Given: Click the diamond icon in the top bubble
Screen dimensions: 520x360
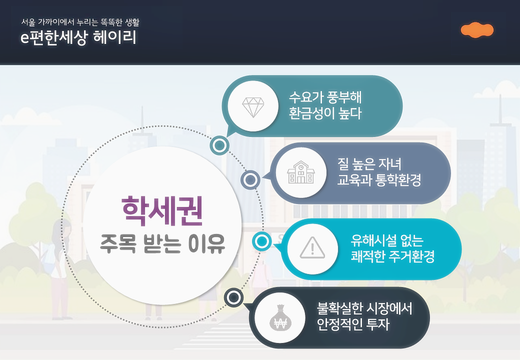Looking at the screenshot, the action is coord(252,106).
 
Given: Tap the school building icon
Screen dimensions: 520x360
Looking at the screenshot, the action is coord(300,172).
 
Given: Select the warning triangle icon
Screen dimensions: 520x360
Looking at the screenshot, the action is coord(312,248).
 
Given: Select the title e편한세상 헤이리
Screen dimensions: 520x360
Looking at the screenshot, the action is coord(78,38).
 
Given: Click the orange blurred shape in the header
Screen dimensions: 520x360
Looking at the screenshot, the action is coord(477,30).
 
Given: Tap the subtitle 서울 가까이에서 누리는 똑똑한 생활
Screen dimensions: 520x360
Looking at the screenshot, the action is coord(80,22).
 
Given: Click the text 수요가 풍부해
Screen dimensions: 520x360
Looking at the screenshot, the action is coord(325,96).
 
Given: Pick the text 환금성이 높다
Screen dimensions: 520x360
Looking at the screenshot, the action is coord(325,113).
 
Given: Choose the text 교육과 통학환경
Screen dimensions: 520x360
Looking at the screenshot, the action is coord(379,180).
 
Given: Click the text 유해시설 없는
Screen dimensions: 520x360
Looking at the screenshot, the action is coord(387,240).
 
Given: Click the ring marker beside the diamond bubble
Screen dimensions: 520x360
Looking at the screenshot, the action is coord(219,145).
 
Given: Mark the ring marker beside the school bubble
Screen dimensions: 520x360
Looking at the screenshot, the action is coord(250,179).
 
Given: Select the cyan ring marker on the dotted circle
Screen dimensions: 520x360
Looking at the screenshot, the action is coord(261,242).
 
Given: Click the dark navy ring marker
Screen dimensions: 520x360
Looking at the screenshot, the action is coord(233,298).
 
